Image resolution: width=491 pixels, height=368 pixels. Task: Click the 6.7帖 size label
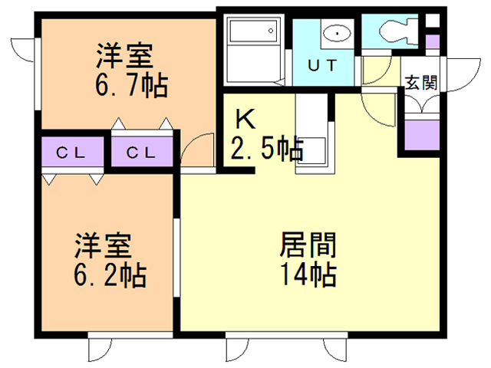[x=131, y=85]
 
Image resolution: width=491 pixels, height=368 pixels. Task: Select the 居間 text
[x=308, y=245]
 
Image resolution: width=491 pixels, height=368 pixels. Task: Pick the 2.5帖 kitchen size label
[x=267, y=148]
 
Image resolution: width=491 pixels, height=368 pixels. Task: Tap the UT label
[x=322, y=65]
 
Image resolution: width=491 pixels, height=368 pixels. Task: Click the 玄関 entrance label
[x=421, y=83]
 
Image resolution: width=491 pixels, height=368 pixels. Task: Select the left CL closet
[x=73, y=152]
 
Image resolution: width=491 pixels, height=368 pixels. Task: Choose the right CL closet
[x=142, y=152]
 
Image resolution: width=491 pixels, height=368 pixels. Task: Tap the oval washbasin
[x=338, y=33]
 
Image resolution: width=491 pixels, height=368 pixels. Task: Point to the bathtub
[x=254, y=31]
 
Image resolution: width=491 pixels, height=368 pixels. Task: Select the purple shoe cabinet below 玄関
[x=423, y=135]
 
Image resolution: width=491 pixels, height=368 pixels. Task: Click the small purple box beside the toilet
[x=433, y=41]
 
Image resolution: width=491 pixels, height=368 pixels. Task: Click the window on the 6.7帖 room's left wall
[x=38, y=74]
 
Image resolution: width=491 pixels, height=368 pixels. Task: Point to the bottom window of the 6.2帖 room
[x=130, y=335]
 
